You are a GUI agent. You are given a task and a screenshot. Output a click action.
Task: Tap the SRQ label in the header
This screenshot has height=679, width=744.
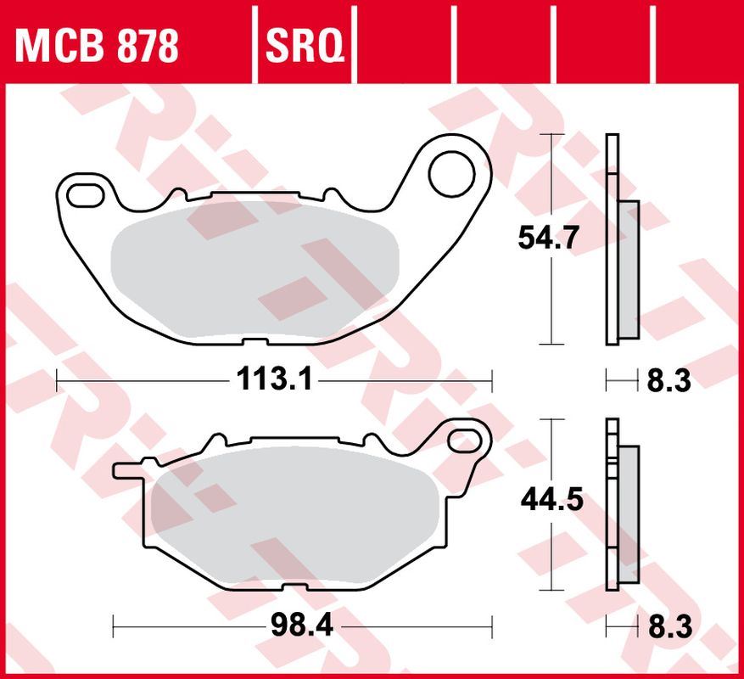(305, 46)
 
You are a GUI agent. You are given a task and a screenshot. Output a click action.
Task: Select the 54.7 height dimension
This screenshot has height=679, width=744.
(549, 239)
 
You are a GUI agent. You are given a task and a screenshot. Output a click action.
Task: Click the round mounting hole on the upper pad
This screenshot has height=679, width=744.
(450, 173)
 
